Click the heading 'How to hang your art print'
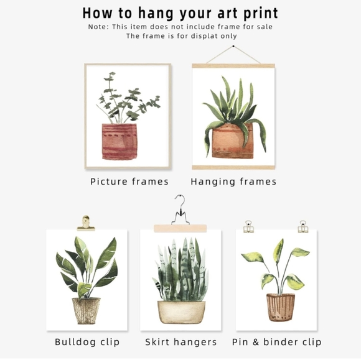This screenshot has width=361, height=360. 180,13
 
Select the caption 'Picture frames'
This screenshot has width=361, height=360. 129,182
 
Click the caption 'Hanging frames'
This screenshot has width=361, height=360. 233,182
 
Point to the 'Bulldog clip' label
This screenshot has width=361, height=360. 87,342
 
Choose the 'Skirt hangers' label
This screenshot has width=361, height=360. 180,342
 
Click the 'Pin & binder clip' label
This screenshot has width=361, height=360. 276,342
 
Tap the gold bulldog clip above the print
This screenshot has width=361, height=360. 86,223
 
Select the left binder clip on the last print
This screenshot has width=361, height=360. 248,227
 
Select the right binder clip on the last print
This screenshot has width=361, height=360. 302,227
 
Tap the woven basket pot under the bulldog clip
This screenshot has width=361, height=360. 86,310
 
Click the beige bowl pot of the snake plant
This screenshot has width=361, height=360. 180,312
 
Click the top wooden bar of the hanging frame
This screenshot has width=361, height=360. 233,65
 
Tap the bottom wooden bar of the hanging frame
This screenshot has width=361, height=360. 233,167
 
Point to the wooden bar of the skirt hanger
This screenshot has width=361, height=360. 180,228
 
